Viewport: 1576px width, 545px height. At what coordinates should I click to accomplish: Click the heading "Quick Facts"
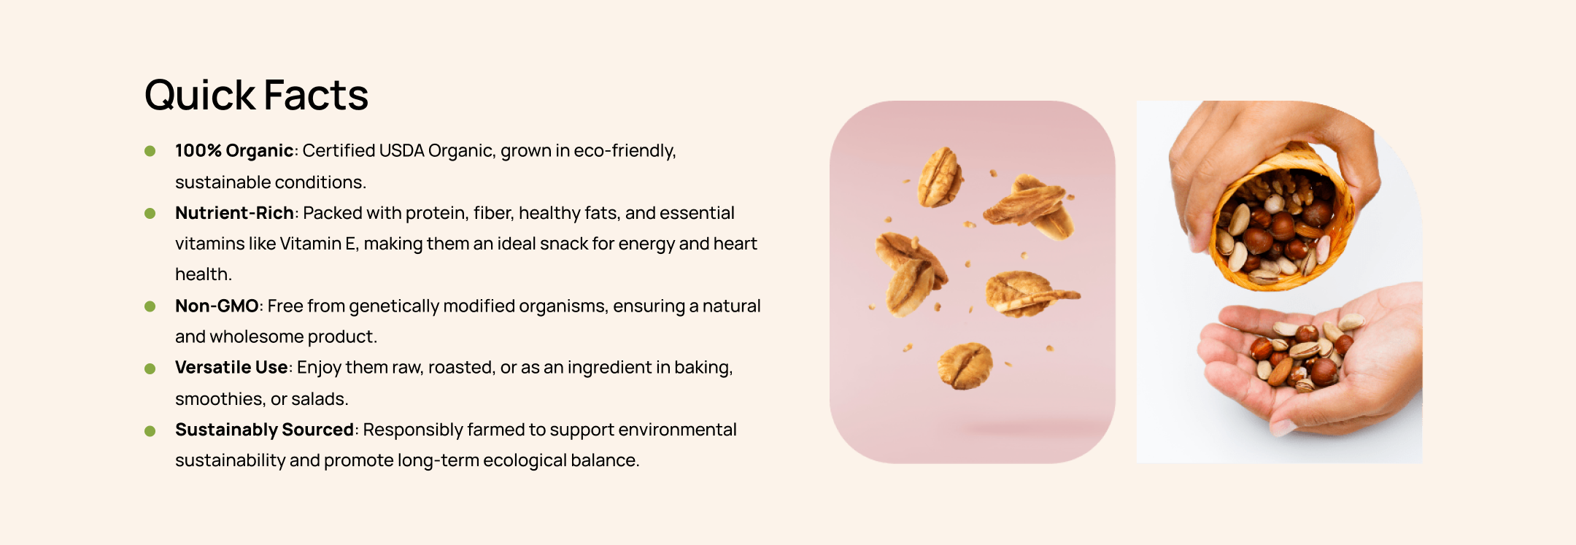click(x=256, y=96)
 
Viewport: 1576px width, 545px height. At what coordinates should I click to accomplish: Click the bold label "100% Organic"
click(x=234, y=150)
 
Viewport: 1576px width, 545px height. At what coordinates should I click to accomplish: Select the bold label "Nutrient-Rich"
click(x=234, y=213)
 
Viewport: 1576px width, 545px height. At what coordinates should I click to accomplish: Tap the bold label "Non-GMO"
click(x=217, y=306)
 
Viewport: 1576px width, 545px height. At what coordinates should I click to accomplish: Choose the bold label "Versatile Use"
click(x=231, y=367)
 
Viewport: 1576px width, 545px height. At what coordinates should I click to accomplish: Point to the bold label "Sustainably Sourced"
click(x=264, y=430)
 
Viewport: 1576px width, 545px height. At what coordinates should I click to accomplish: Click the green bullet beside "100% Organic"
click(x=150, y=151)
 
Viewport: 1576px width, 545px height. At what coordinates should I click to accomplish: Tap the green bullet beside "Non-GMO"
click(x=150, y=306)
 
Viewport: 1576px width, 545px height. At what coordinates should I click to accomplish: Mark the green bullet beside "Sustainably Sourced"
click(x=150, y=431)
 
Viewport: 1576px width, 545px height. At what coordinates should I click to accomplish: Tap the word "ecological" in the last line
click(x=526, y=460)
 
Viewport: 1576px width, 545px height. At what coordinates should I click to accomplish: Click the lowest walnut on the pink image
click(x=965, y=366)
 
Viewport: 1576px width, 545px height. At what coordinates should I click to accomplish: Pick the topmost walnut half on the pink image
click(x=940, y=177)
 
